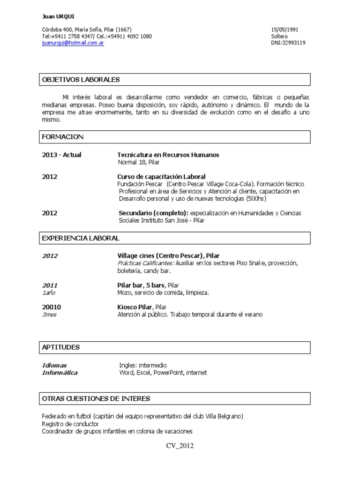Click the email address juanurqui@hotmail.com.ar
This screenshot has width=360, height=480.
click(73, 43)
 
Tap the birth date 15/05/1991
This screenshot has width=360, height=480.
click(285, 30)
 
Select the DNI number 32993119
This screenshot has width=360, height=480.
click(288, 43)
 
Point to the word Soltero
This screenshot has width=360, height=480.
click(279, 36)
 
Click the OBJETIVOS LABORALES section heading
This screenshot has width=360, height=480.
click(81, 80)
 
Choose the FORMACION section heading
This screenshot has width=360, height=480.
click(63, 137)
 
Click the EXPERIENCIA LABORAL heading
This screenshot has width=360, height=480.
click(81, 238)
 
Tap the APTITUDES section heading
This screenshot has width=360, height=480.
click(61, 347)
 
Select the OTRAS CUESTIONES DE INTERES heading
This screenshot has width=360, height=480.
click(96, 398)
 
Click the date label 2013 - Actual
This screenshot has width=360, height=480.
click(61, 155)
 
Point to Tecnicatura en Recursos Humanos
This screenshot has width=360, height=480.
click(168, 155)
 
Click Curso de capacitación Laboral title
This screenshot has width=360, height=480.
click(161, 176)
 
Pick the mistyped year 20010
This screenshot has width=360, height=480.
click(52, 307)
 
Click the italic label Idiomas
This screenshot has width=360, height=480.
click(54, 365)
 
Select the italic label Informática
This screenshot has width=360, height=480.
click(60, 373)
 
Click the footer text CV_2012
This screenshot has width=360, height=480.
click(180, 446)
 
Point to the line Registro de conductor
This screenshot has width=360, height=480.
click(70, 424)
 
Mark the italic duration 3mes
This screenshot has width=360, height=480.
click(49, 315)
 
